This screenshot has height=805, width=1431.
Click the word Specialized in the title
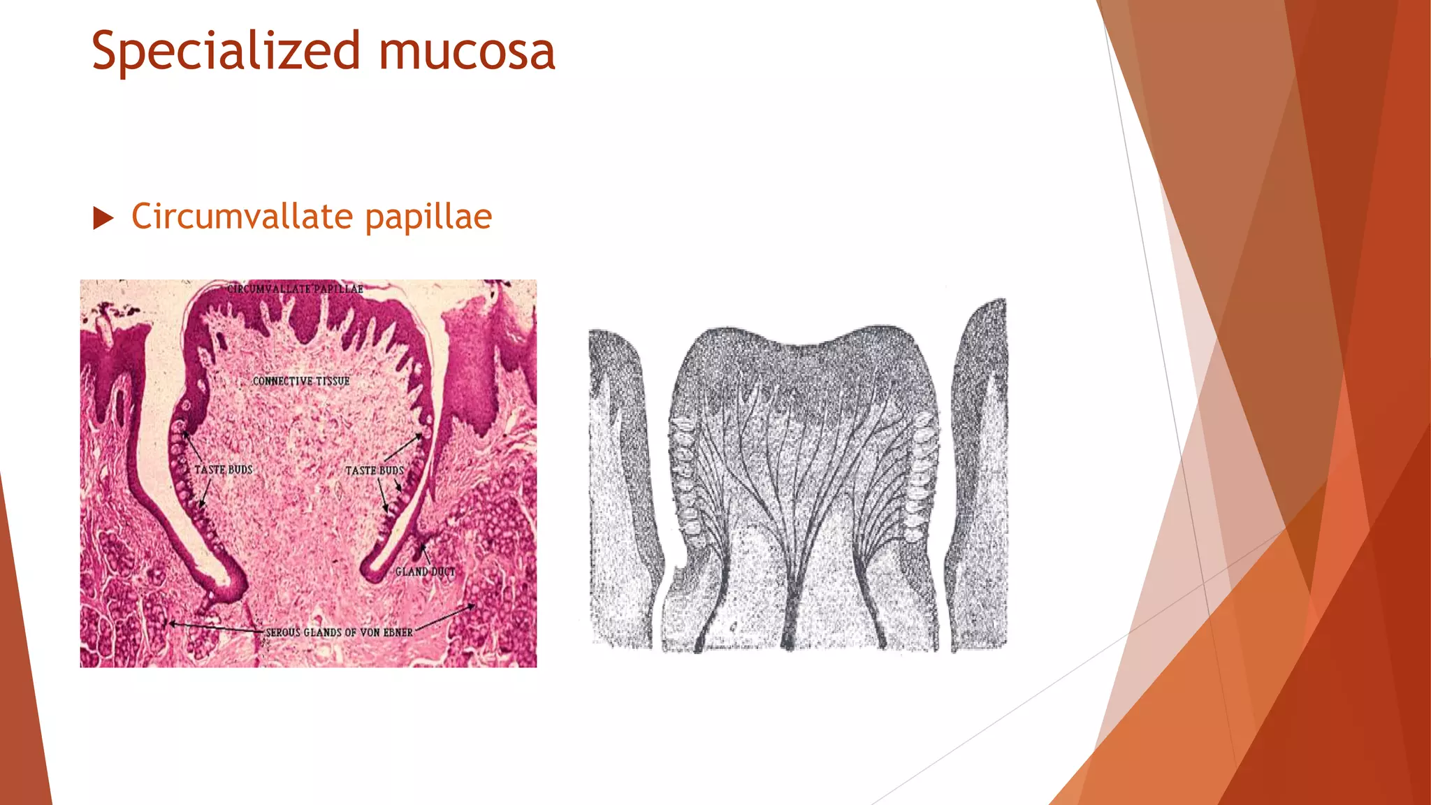pyautogui.click(x=226, y=52)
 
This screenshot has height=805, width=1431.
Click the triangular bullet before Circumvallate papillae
pyautogui.click(x=103, y=218)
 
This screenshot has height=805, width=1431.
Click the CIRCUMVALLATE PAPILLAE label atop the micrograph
pyautogui.click(x=295, y=289)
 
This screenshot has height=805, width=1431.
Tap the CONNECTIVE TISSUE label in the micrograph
pyautogui.click(x=300, y=381)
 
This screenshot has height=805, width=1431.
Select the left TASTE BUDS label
pyautogui.click(x=223, y=470)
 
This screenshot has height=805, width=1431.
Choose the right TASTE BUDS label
pyautogui.click(x=375, y=470)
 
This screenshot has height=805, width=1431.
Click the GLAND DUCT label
pyautogui.click(x=425, y=572)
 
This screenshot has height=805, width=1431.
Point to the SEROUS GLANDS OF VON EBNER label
pyautogui.click(x=339, y=632)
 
